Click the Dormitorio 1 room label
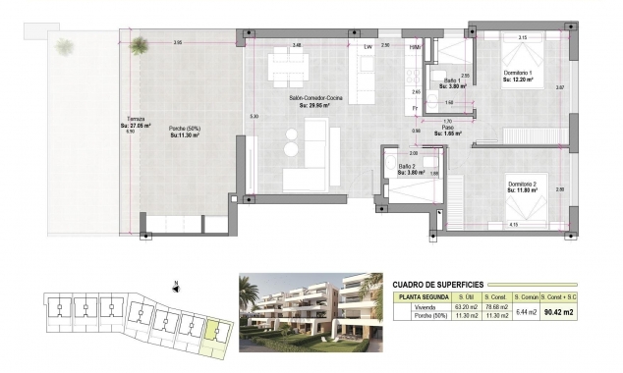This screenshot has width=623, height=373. click(517, 75)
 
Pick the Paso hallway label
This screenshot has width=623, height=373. click(445, 128)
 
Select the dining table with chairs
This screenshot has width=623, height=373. click(290, 68)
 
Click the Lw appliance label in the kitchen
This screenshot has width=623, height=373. click(368, 46)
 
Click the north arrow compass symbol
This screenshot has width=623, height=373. click(174, 287)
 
